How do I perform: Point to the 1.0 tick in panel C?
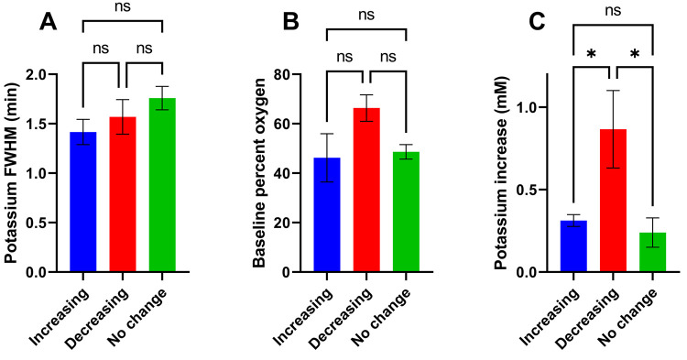529,107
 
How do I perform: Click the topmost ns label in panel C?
606,11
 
